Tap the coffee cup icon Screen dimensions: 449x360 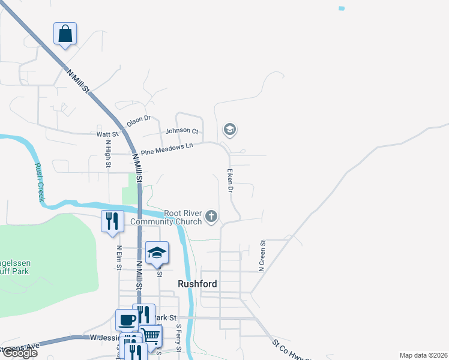tap(126, 320)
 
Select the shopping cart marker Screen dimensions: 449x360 tap(151, 335)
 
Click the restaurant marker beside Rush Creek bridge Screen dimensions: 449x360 tap(112, 221)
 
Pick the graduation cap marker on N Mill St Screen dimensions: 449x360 tap(157, 253)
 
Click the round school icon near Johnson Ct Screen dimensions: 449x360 tap(229, 129)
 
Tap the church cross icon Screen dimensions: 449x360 tap(211, 216)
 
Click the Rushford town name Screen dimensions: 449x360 tap(197, 283)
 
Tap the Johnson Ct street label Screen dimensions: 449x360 tap(182, 130)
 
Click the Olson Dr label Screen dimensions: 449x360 tap(138, 120)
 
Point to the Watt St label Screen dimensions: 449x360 tap(106, 134)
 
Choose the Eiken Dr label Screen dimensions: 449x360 tap(230, 180)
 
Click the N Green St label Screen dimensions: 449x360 tap(262, 256)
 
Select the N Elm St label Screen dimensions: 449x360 tap(119, 257)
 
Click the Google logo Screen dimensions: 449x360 tap(19, 353)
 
